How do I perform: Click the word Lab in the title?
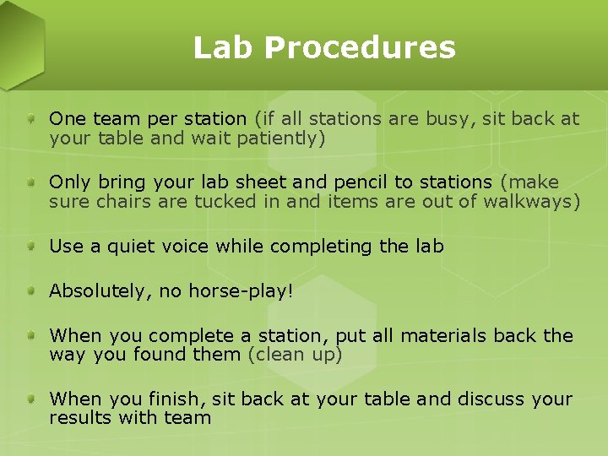coord(224,47)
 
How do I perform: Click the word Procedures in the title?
coord(360,49)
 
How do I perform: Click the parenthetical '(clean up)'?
coord(295,355)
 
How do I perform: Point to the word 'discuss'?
coord(488,399)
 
